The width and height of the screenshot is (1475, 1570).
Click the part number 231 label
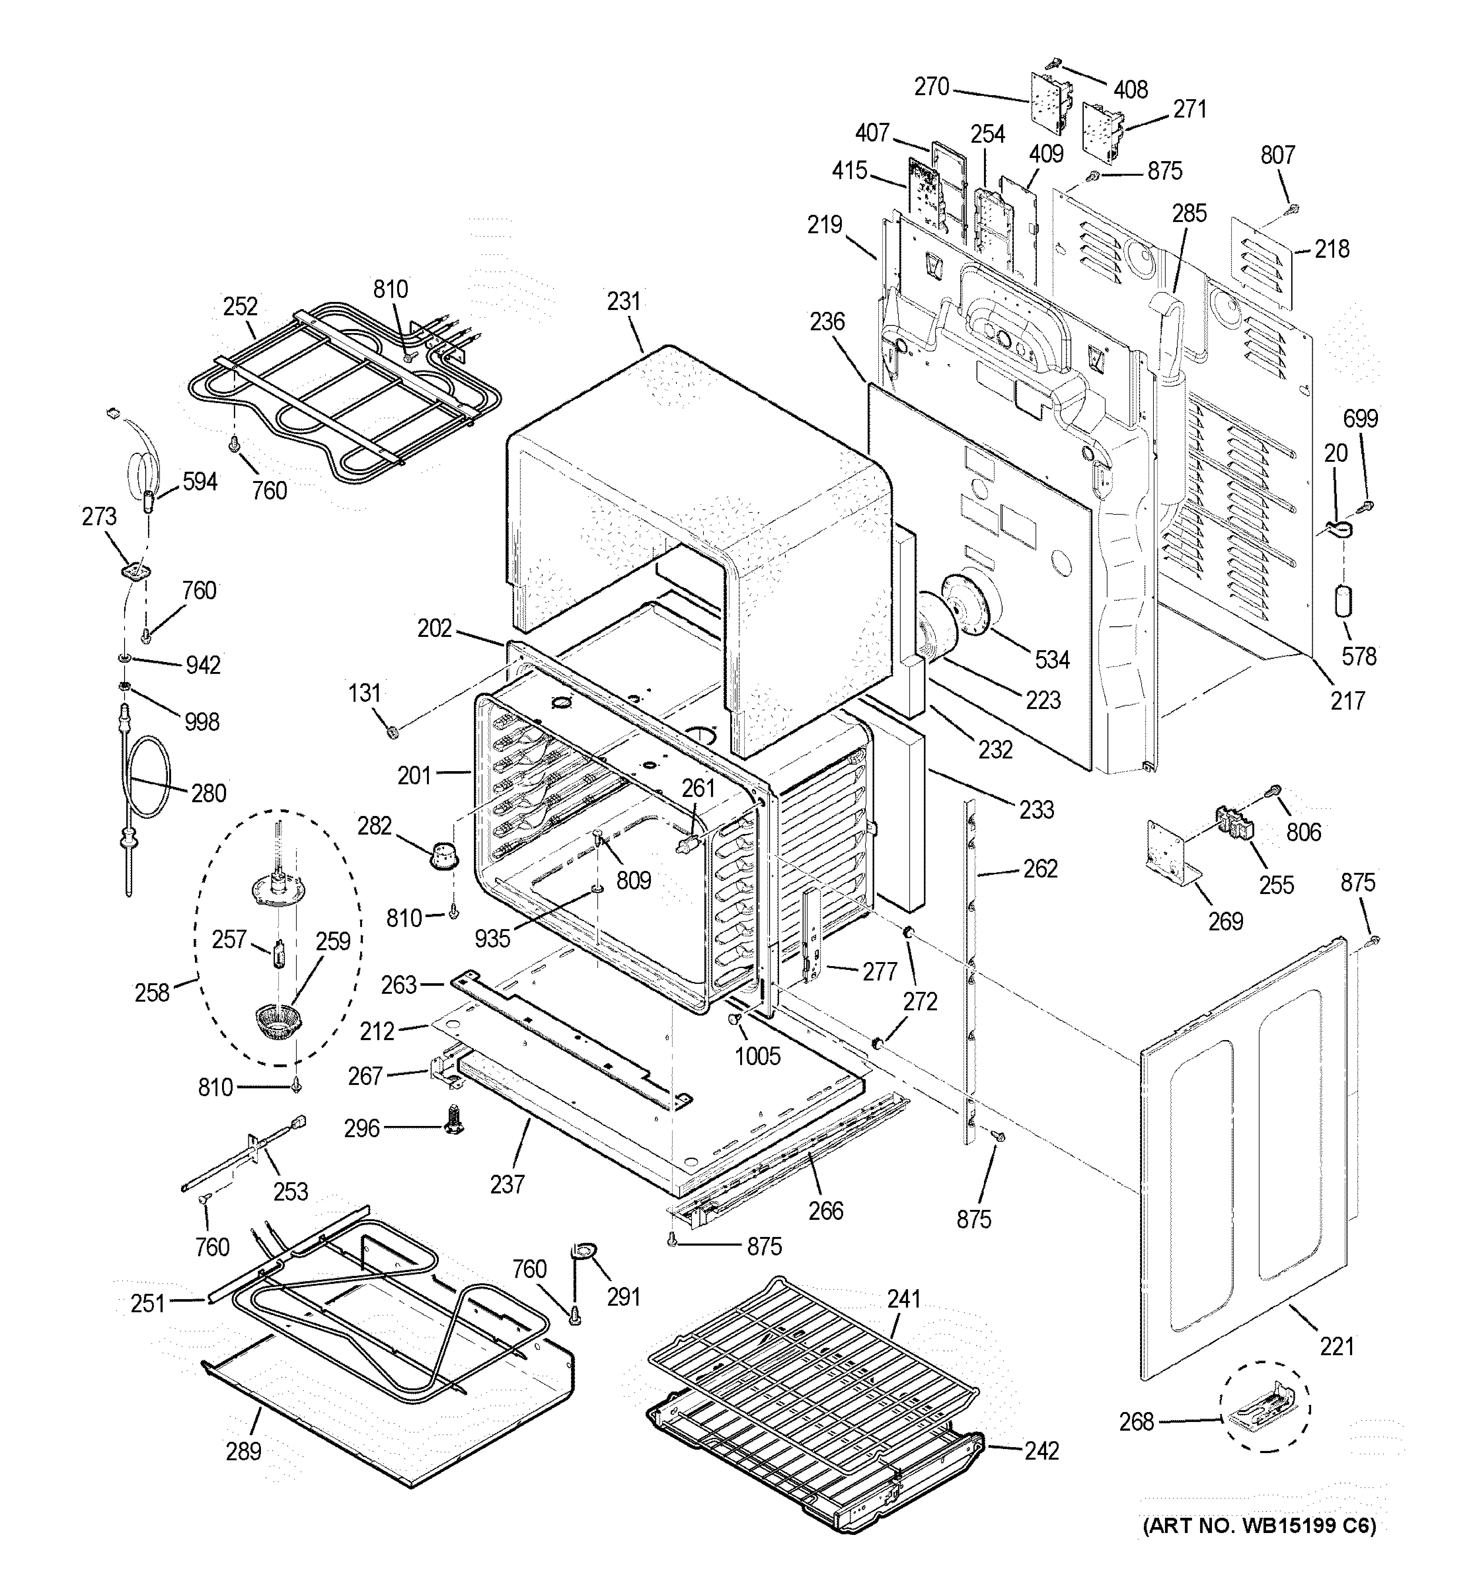624,302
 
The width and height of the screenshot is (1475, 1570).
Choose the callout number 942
203,665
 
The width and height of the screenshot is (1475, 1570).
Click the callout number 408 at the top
1131,90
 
